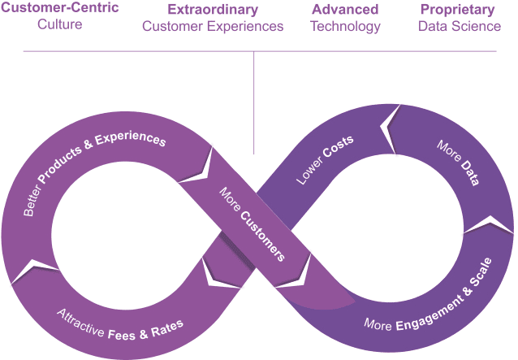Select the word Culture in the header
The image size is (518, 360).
[x=60, y=25]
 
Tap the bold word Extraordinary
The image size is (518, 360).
[x=213, y=10]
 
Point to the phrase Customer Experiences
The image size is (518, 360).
[x=213, y=26]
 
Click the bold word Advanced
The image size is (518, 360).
[x=345, y=10]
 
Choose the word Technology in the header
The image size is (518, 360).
[x=345, y=26]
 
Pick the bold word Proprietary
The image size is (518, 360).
[x=457, y=10]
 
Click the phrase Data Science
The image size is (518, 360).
[x=460, y=26]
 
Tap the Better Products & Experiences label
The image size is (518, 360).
[x=93, y=170]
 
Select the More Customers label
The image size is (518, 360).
[x=252, y=223]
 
